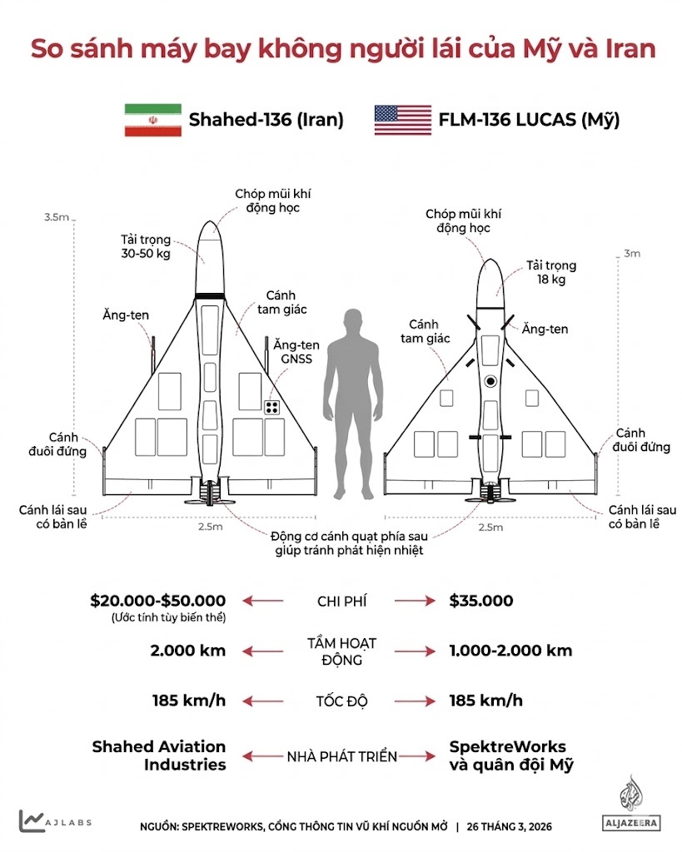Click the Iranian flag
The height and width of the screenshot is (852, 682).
(152, 120)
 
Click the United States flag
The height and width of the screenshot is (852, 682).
(402, 120)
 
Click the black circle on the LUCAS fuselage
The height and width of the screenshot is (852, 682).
(490, 382)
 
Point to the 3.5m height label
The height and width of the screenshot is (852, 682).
(57, 217)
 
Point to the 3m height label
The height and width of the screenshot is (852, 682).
(632, 254)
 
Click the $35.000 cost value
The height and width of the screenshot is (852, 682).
(480, 601)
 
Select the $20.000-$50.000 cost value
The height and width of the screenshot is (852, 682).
(158, 601)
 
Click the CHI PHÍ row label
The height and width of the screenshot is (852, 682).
(341, 601)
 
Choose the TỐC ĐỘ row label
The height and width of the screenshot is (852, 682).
(341, 701)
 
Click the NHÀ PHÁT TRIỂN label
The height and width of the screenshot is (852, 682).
(341, 756)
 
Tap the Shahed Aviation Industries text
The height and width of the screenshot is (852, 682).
(158, 755)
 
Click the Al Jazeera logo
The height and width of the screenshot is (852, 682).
(630, 805)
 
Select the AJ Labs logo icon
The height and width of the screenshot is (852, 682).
(32, 820)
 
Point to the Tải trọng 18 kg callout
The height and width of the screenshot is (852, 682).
(550, 273)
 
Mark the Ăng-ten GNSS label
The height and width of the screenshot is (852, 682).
(296, 352)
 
